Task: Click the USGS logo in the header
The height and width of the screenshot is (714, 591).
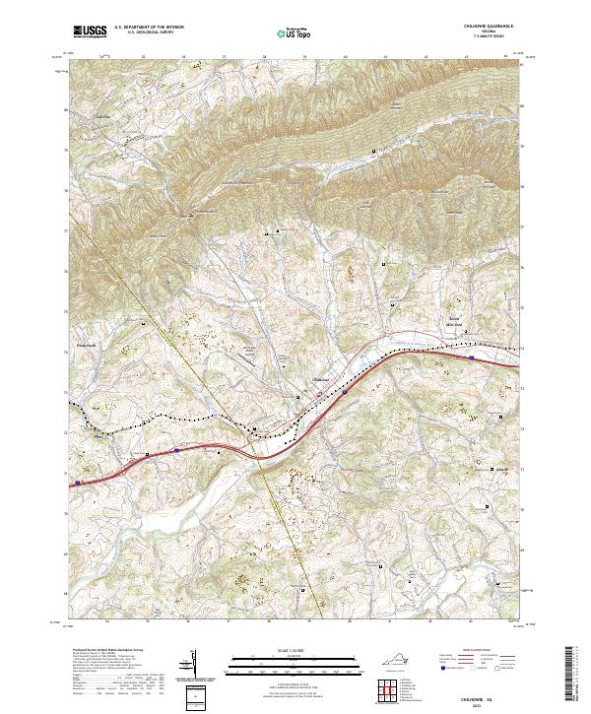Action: click(89, 32)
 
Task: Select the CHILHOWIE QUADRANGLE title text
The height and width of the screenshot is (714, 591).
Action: click(492, 28)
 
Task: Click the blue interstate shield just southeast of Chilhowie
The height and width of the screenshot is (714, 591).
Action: click(345, 391)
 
